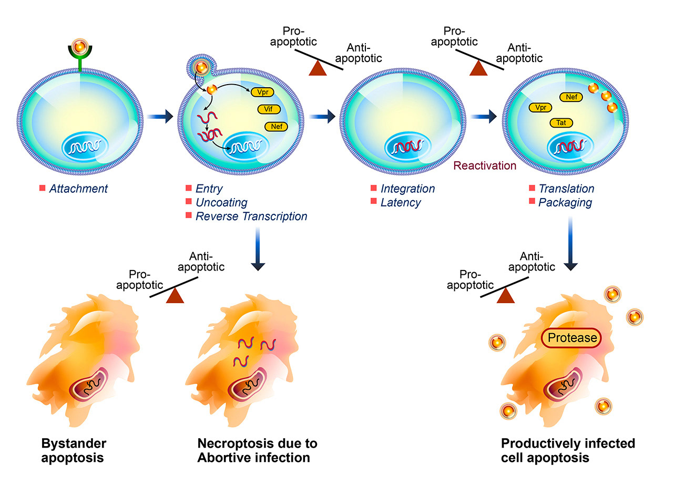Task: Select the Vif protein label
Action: pos(268,109)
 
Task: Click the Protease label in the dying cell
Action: pos(572,338)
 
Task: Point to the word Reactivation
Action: pos(485,166)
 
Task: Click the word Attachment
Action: pos(78,189)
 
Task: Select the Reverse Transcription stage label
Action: pos(251,216)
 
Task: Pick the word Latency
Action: pos(401,202)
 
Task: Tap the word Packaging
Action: pos(565,202)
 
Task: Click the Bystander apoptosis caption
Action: pos(72,450)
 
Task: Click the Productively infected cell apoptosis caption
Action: pos(568,450)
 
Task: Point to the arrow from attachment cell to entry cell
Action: pos(160,117)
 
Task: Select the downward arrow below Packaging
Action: pos(571,247)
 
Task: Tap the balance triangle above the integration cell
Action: pos(318,68)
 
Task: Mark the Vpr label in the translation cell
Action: pos(540,108)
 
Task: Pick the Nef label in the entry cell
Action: pos(276,126)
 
